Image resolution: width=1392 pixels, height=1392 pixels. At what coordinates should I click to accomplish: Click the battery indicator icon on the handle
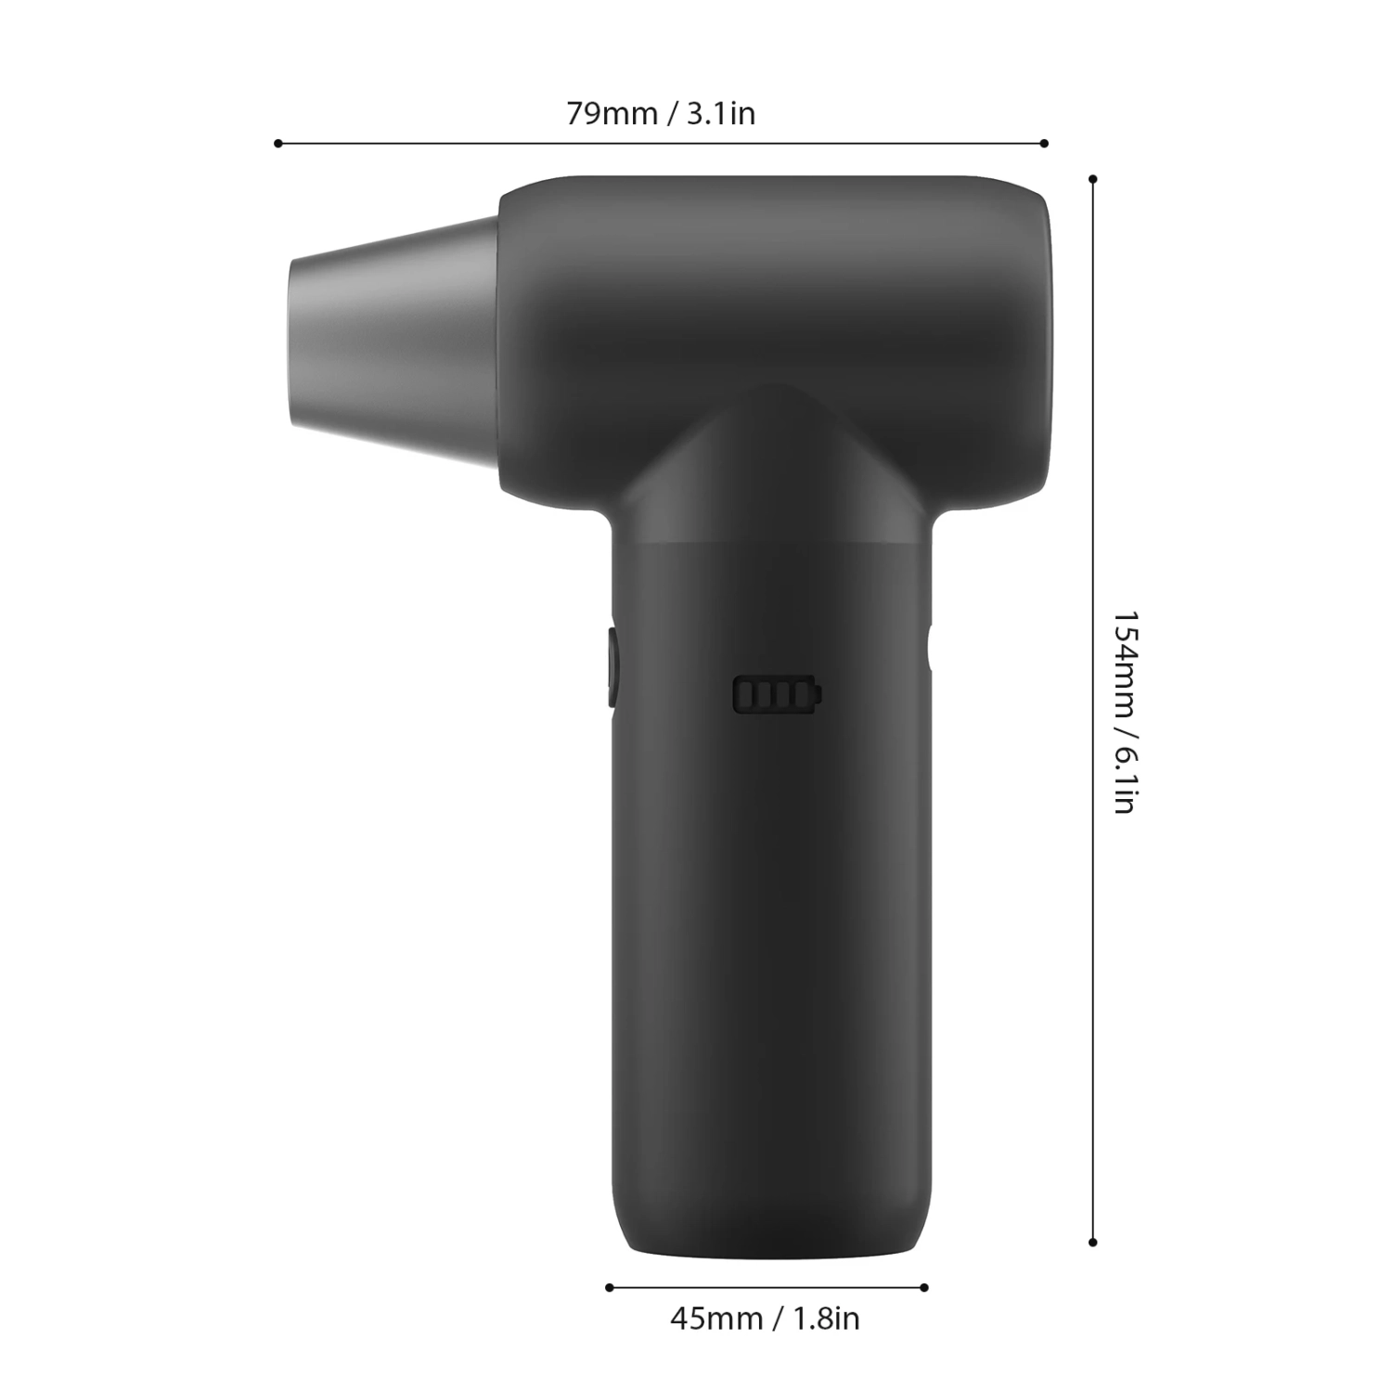(x=778, y=694)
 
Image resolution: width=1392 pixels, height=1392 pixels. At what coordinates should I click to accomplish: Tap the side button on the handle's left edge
(x=612, y=665)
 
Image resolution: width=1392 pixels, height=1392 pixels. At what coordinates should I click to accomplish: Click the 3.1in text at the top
(x=720, y=113)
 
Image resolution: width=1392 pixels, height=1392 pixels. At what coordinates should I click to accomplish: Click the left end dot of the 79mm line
(x=278, y=143)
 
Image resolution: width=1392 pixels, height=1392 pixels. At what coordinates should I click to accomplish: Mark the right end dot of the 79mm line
(x=1044, y=143)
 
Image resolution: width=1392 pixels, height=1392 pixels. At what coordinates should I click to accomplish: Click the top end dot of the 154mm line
(x=1093, y=178)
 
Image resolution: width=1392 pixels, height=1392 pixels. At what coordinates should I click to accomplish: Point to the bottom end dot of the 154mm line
(x=1093, y=1242)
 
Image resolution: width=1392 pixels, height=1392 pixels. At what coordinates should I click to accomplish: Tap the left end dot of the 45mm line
(x=610, y=1287)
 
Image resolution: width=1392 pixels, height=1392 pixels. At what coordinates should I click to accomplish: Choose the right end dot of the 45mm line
(x=924, y=1287)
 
